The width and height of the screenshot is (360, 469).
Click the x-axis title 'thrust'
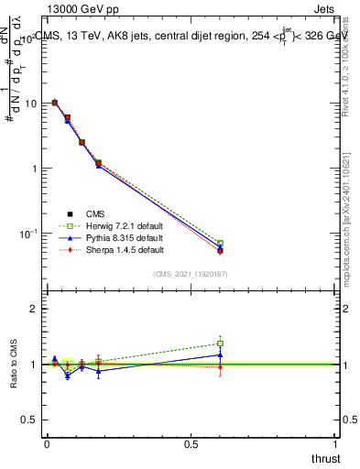click(325, 457)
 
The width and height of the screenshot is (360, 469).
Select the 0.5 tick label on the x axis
click(191, 442)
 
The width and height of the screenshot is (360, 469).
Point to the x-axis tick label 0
click(47, 442)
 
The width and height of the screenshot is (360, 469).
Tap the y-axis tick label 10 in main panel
click(29, 104)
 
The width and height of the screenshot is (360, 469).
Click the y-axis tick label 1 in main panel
click(35, 169)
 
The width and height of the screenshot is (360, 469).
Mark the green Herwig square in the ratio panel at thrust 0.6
click(221, 344)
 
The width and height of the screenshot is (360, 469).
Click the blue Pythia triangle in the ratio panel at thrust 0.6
click(221, 354)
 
